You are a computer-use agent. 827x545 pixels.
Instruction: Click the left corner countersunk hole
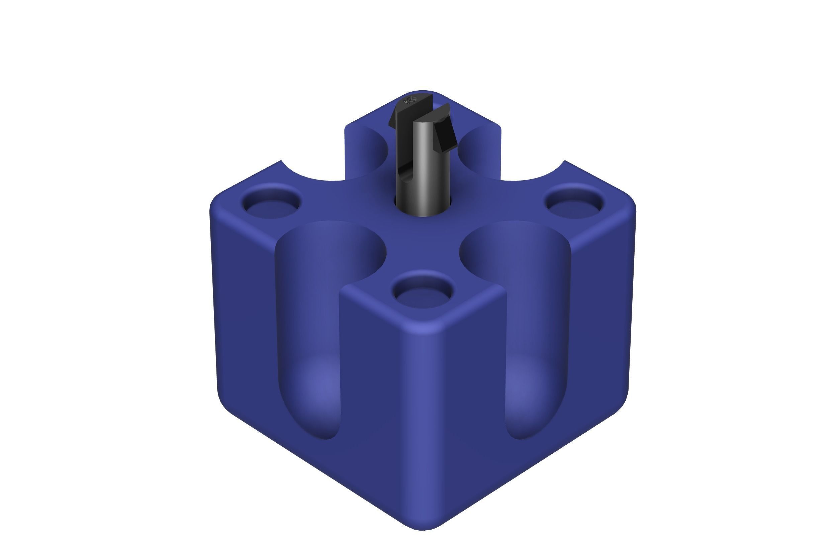[x=272, y=204]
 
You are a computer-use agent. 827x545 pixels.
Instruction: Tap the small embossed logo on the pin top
[x=409, y=101]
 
